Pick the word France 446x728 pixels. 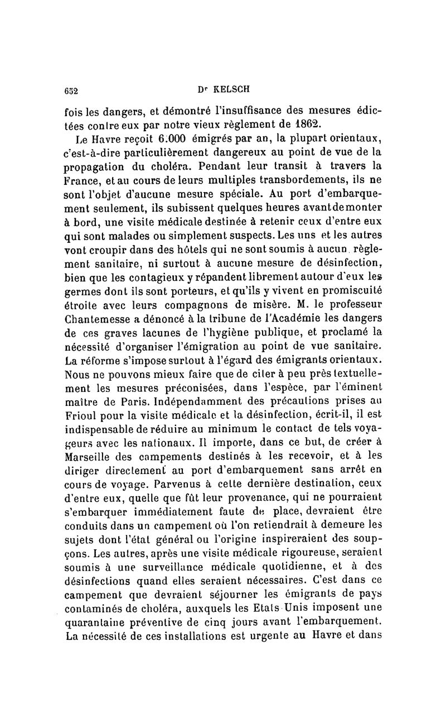(84, 182)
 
